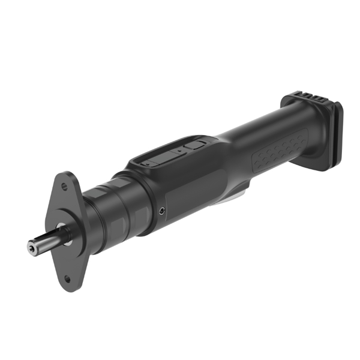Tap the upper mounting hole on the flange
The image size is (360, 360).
tap(65, 186)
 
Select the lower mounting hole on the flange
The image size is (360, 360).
tap(67, 278)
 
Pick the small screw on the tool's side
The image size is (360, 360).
tap(163, 211)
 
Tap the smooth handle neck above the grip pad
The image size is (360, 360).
tap(252, 129)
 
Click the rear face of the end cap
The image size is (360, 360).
tap(337, 135)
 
